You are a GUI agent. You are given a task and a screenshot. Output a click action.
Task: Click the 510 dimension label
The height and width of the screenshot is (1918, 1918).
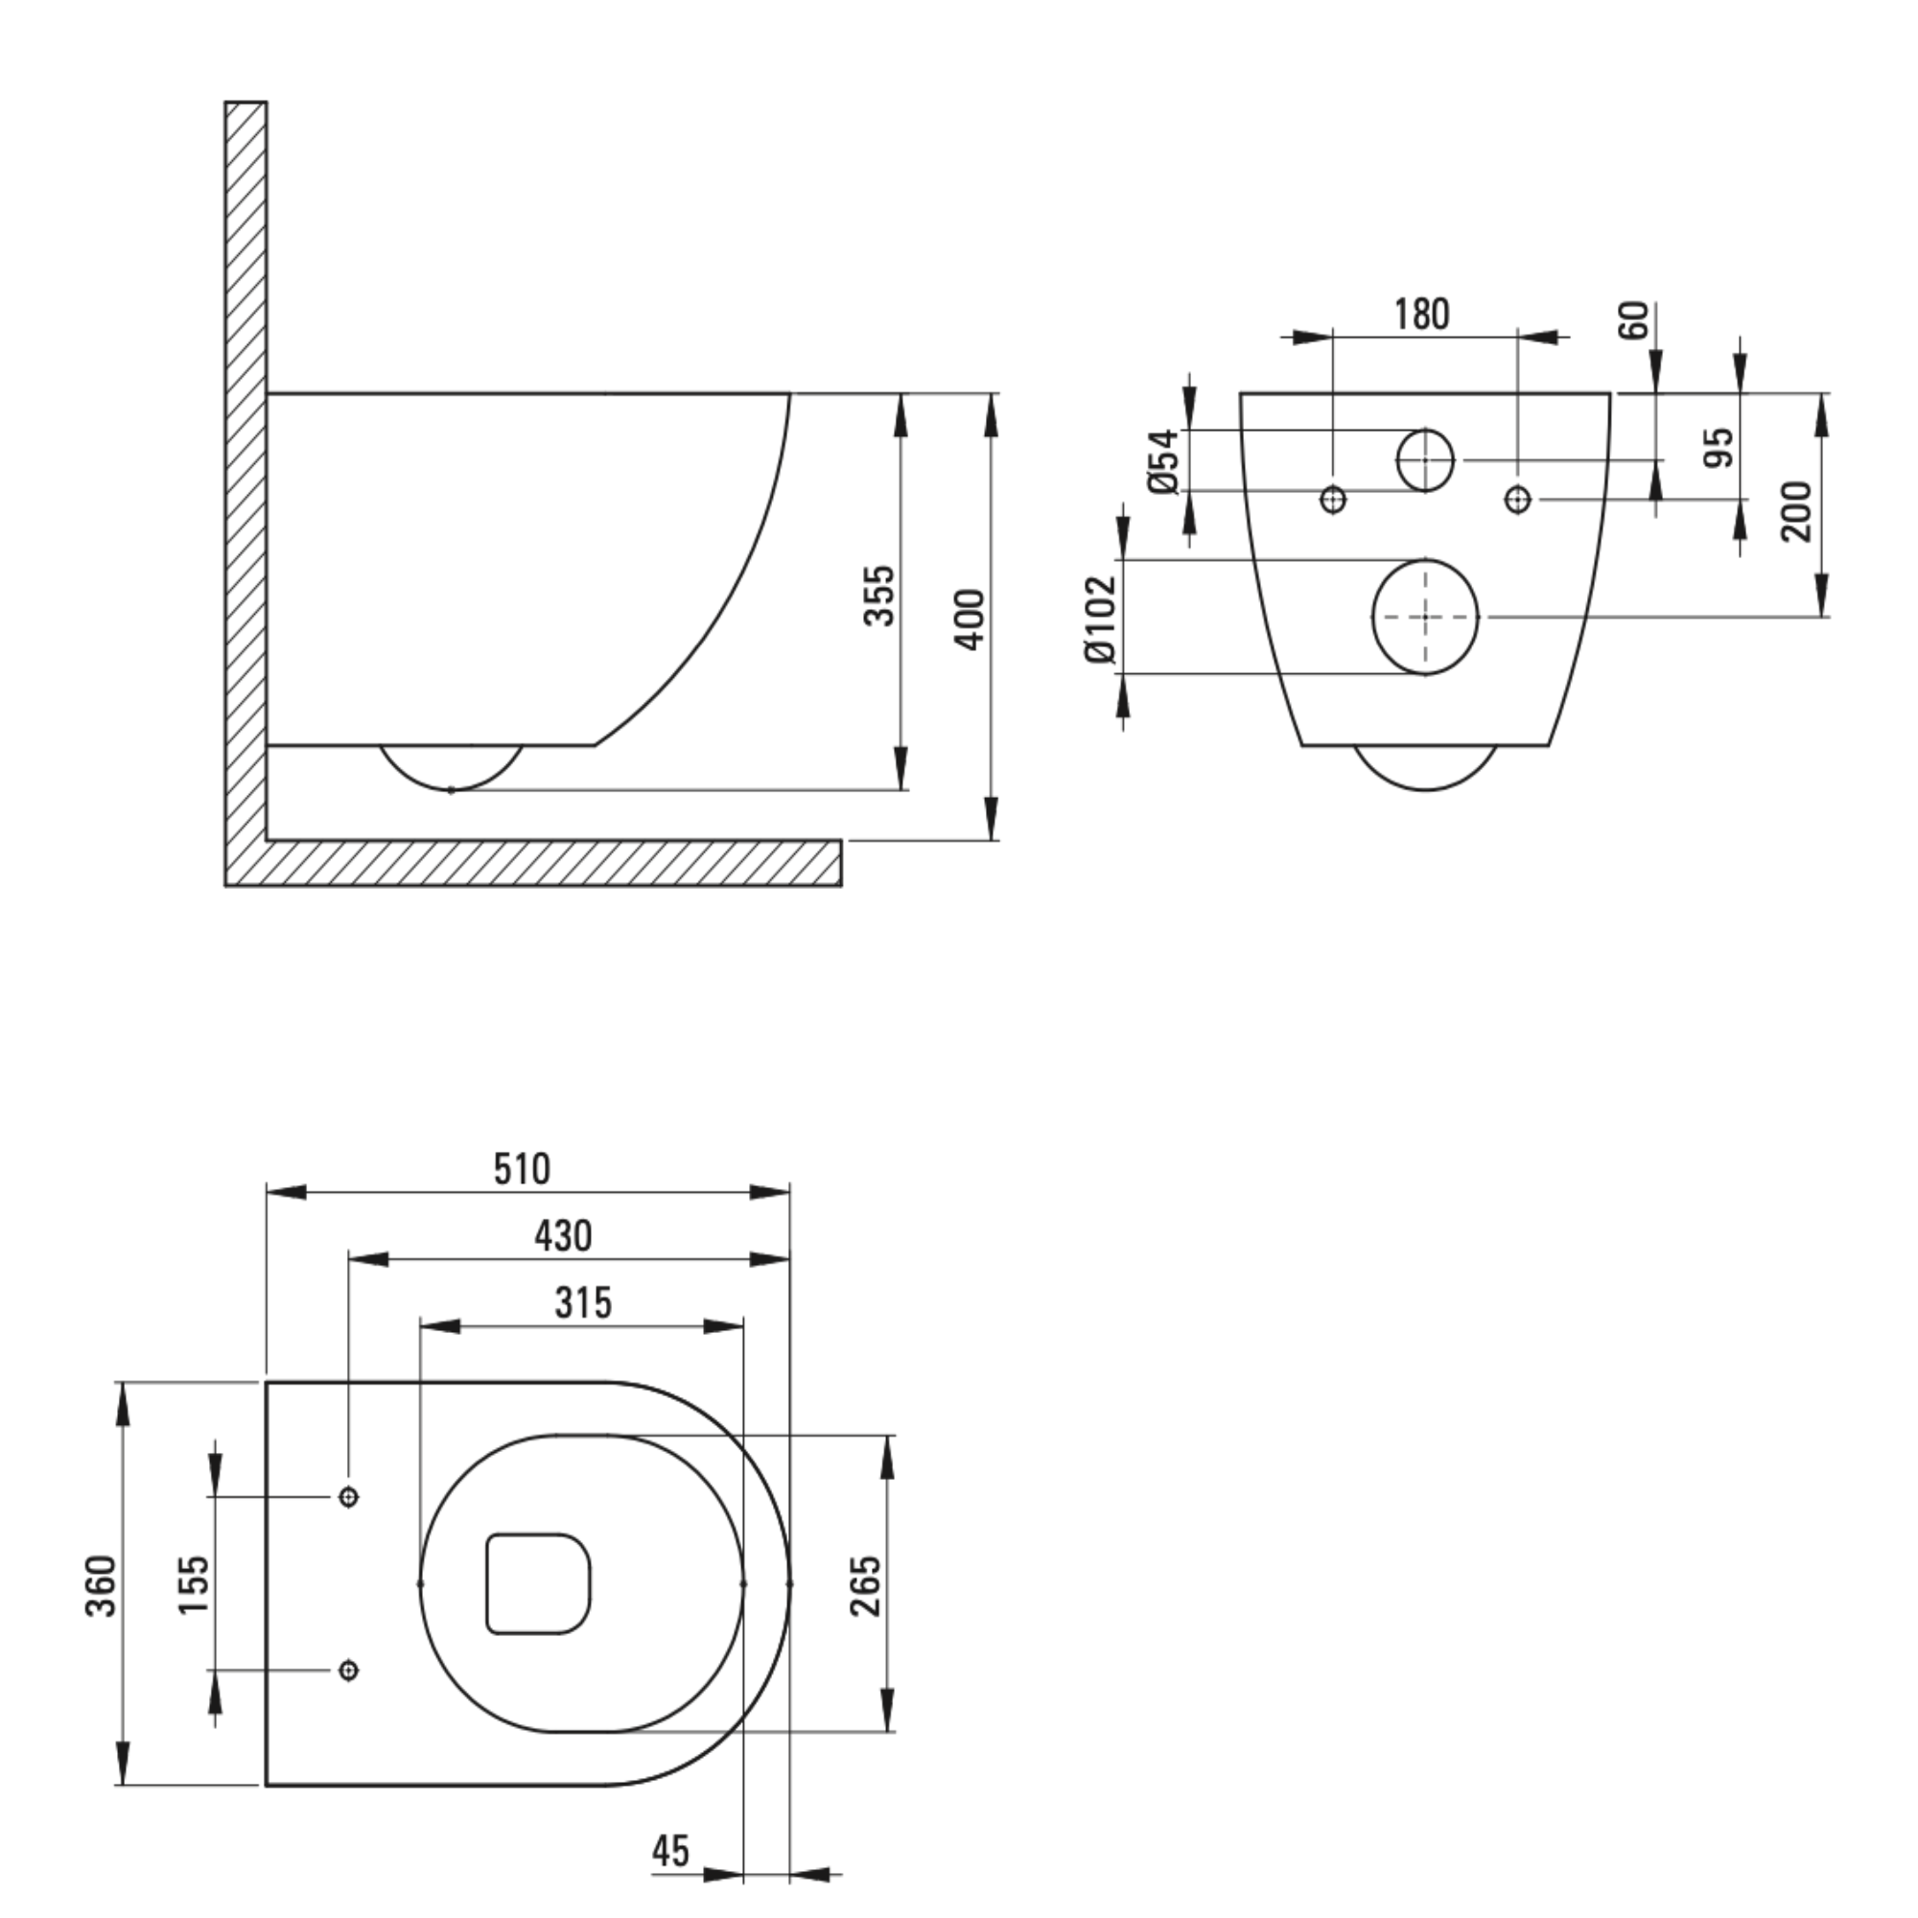coord(523,1169)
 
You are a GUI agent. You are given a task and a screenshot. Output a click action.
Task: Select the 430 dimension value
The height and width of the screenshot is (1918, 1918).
coord(563,1237)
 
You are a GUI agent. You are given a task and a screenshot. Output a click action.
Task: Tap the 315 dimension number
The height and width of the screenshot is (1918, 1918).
coord(584,1303)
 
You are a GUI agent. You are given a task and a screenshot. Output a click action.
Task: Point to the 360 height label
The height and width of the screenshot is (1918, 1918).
coord(102,1585)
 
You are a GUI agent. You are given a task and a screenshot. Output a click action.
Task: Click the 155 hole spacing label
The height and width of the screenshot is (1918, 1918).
coord(195,1585)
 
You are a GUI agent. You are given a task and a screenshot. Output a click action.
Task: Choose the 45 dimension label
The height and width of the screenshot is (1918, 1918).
coord(671,1851)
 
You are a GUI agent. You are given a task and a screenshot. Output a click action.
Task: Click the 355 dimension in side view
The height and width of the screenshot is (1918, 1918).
coord(878,595)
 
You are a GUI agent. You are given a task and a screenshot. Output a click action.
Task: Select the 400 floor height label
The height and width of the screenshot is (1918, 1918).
coord(971,620)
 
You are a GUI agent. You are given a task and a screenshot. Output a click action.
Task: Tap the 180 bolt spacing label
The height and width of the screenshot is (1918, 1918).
coord(1421,314)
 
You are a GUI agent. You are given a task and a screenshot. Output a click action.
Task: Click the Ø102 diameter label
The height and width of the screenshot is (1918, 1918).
coord(1101,619)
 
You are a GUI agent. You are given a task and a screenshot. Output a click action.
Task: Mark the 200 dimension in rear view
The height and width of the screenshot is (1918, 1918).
coord(1796,511)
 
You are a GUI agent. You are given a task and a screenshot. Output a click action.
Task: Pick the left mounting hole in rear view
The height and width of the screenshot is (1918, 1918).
coord(1333,500)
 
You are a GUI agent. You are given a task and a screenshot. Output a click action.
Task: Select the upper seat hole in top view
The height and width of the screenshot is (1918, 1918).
coord(348,1496)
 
